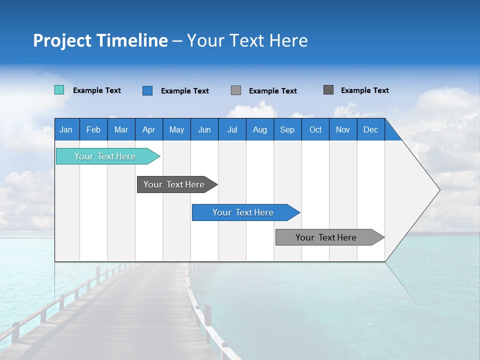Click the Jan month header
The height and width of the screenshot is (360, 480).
pyautogui.click(x=66, y=130)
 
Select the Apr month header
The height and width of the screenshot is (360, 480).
pyautogui.click(x=149, y=130)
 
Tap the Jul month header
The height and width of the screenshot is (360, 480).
pyautogui.click(x=232, y=130)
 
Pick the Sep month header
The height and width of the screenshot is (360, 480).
pyautogui.click(x=287, y=130)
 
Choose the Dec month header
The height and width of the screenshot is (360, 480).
pyautogui.click(x=370, y=130)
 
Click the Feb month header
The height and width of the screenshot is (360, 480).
pyautogui.click(x=93, y=130)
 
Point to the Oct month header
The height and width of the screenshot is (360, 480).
pyautogui.click(x=315, y=130)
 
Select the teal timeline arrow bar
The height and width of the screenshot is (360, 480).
pyautogui.click(x=105, y=156)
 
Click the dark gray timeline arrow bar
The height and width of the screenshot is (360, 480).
pyautogui.click(x=174, y=184)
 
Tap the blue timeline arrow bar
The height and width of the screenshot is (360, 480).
pyautogui.click(x=243, y=212)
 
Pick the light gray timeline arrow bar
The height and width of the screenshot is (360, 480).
pyautogui.click(x=326, y=237)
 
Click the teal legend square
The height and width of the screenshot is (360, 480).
pyautogui.click(x=59, y=90)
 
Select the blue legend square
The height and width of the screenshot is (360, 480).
pyautogui.click(x=147, y=90)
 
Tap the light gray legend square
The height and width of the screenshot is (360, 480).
pyautogui.click(x=236, y=90)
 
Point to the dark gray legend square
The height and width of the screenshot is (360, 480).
pyautogui.click(x=328, y=90)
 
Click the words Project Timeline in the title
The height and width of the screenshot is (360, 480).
pyautogui.click(x=100, y=40)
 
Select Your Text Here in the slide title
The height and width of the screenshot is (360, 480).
pyautogui.click(x=247, y=40)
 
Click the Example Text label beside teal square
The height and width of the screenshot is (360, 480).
pyautogui.click(x=97, y=90)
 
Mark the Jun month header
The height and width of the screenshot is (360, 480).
pyautogui.click(x=204, y=130)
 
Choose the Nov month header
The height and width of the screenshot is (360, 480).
pyautogui.click(x=343, y=130)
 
